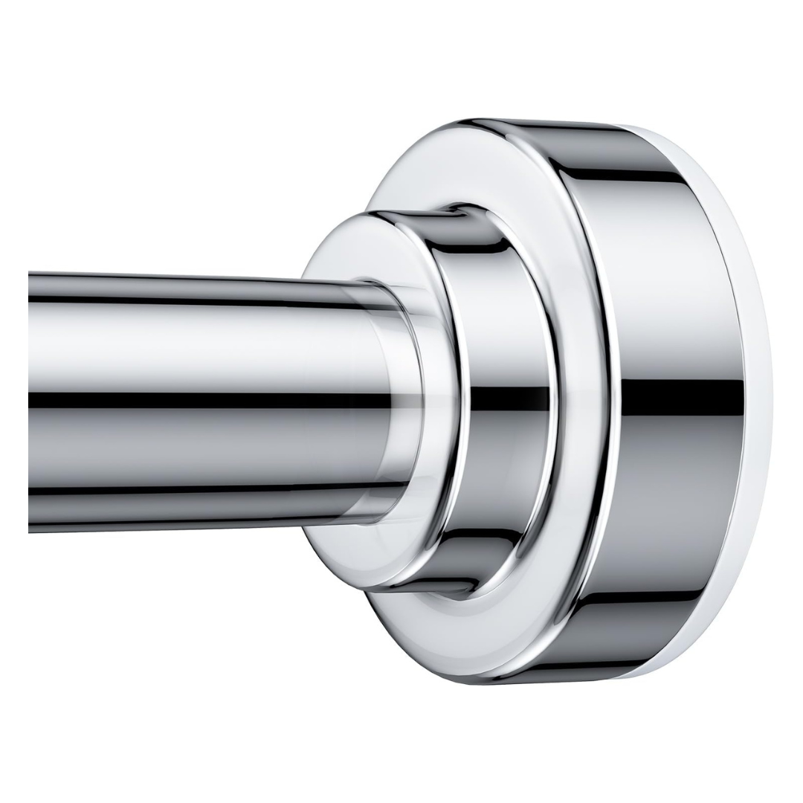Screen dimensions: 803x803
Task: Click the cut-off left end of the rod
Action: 31,401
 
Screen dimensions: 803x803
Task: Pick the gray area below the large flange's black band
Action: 677,506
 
